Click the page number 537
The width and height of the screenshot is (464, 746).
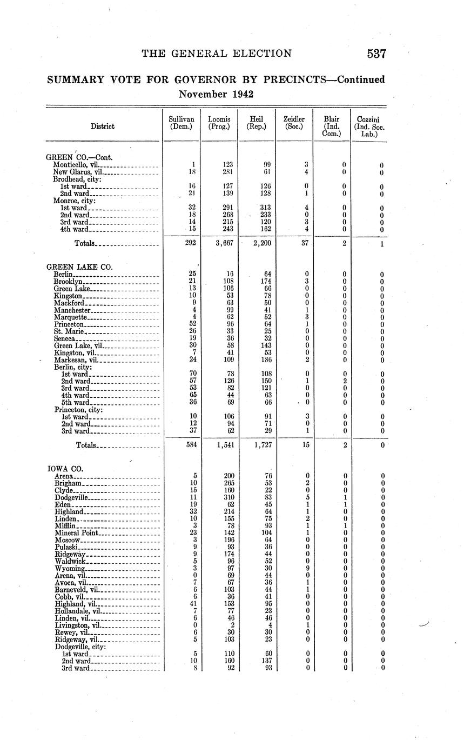pyautogui.click(x=376, y=54)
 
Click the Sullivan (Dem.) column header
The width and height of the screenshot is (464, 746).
pyautogui.click(x=181, y=123)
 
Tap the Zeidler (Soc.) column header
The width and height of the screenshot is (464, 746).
pyautogui.click(x=294, y=123)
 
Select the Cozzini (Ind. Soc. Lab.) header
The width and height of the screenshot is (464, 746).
pyautogui.click(x=369, y=126)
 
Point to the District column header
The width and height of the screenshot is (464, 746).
pyautogui.click(x=102, y=126)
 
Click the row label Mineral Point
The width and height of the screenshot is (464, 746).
pyautogui.click(x=76, y=533)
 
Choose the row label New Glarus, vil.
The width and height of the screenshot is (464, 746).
pyautogui.click(x=77, y=172)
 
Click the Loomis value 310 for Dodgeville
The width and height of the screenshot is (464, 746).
pyautogui.click(x=227, y=497)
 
